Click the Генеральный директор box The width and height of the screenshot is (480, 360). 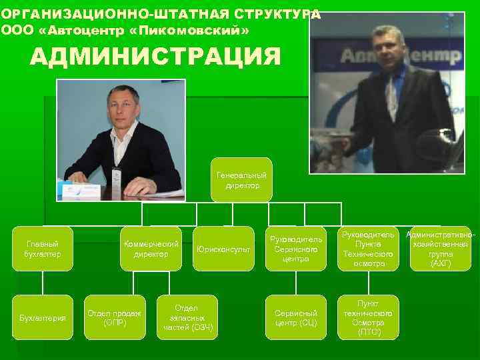click(x=241, y=179)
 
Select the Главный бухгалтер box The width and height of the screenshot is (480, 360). click(x=43, y=249)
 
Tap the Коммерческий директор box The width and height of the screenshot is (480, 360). click(x=151, y=249)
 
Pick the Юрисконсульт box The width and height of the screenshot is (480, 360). click(x=223, y=249)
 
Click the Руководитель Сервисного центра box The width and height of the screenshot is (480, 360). click(x=296, y=249)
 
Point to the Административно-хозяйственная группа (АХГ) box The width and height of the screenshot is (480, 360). click(x=441, y=249)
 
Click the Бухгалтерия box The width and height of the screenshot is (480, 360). click(x=43, y=317)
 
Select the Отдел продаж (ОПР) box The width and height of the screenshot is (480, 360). click(x=115, y=317)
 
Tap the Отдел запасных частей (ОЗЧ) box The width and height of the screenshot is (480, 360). click(x=187, y=317)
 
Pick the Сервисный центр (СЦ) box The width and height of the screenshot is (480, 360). click(x=296, y=317)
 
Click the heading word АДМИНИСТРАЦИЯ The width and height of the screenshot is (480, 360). click(x=155, y=57)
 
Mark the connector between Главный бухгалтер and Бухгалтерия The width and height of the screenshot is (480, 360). click(x=43, y=283)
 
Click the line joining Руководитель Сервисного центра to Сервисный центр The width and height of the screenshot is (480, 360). click(x=296, y=283)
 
